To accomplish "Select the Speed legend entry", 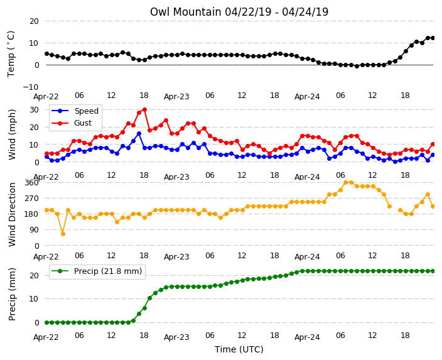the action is click(x=75, y=111).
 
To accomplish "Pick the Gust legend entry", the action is click(x=72, y=123).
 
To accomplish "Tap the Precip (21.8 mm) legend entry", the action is click(x=97, y=271).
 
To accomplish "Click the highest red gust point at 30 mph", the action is click(x=144, y=109).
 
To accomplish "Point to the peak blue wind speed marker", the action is click(x=139, y=133).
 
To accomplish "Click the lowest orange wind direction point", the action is click(x=63, y=234).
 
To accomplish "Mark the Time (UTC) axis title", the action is click(x=239, y=349).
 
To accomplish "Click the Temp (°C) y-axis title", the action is click(x=11, y=53).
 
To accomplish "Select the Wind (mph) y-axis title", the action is click(x=12, y=134).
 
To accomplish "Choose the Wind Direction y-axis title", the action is click(x=12, y=214).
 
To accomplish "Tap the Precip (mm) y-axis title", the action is click(x=12, y=294).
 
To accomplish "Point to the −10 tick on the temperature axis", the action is click(x=31, y=87).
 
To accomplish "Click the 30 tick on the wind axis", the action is click(x=34, y=110).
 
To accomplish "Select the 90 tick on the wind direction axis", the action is click(x=34, y=230).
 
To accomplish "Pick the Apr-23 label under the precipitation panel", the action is click(x=176, y=337).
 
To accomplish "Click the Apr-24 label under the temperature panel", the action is click(x=307, y=97).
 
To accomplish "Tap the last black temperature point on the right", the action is click(x=433, y=38).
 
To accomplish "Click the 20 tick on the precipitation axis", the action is click(x=34, y=275).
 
